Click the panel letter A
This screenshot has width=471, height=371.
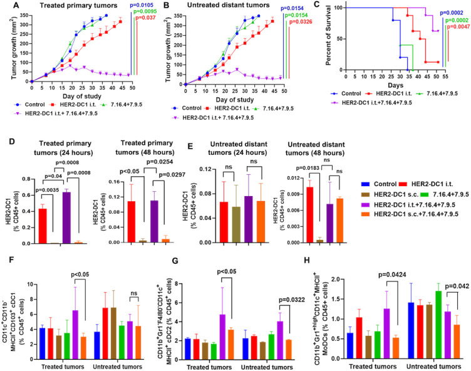pyautogui.click(x=8, y=5)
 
